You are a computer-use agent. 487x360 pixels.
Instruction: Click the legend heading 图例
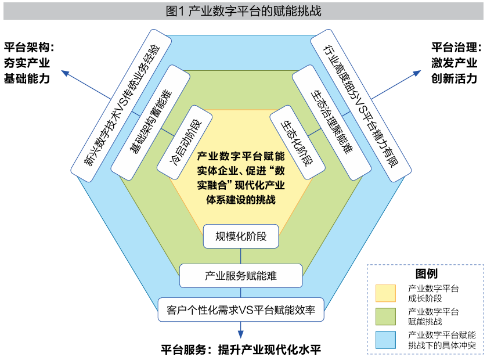(x=426, y=273)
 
